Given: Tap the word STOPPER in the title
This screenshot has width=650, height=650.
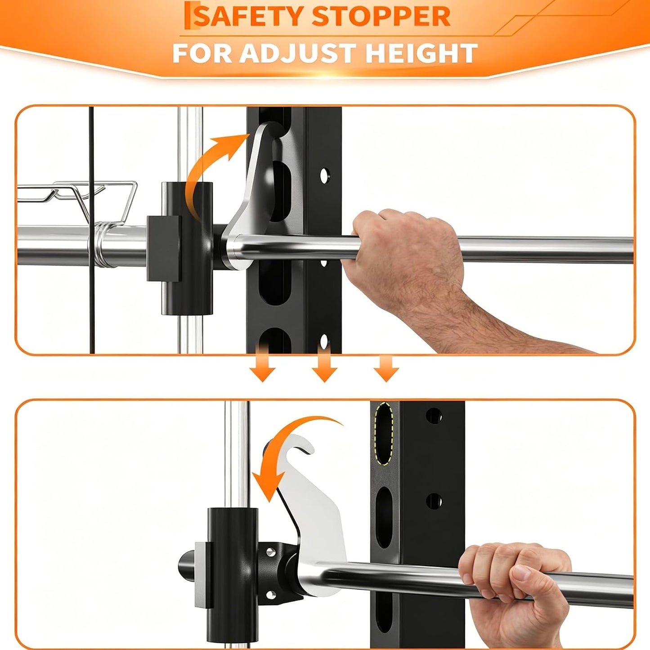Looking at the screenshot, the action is point(381,16).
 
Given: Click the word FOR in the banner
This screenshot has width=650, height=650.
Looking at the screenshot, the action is point(202,53).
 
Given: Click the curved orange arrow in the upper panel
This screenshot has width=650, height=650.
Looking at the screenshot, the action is point(210,169).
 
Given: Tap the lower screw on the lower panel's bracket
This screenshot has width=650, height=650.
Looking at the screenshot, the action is point(270,594).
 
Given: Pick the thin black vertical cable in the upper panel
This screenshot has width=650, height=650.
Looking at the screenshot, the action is point(92,230).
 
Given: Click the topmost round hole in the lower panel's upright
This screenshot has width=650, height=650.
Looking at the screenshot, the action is point(434,416).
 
